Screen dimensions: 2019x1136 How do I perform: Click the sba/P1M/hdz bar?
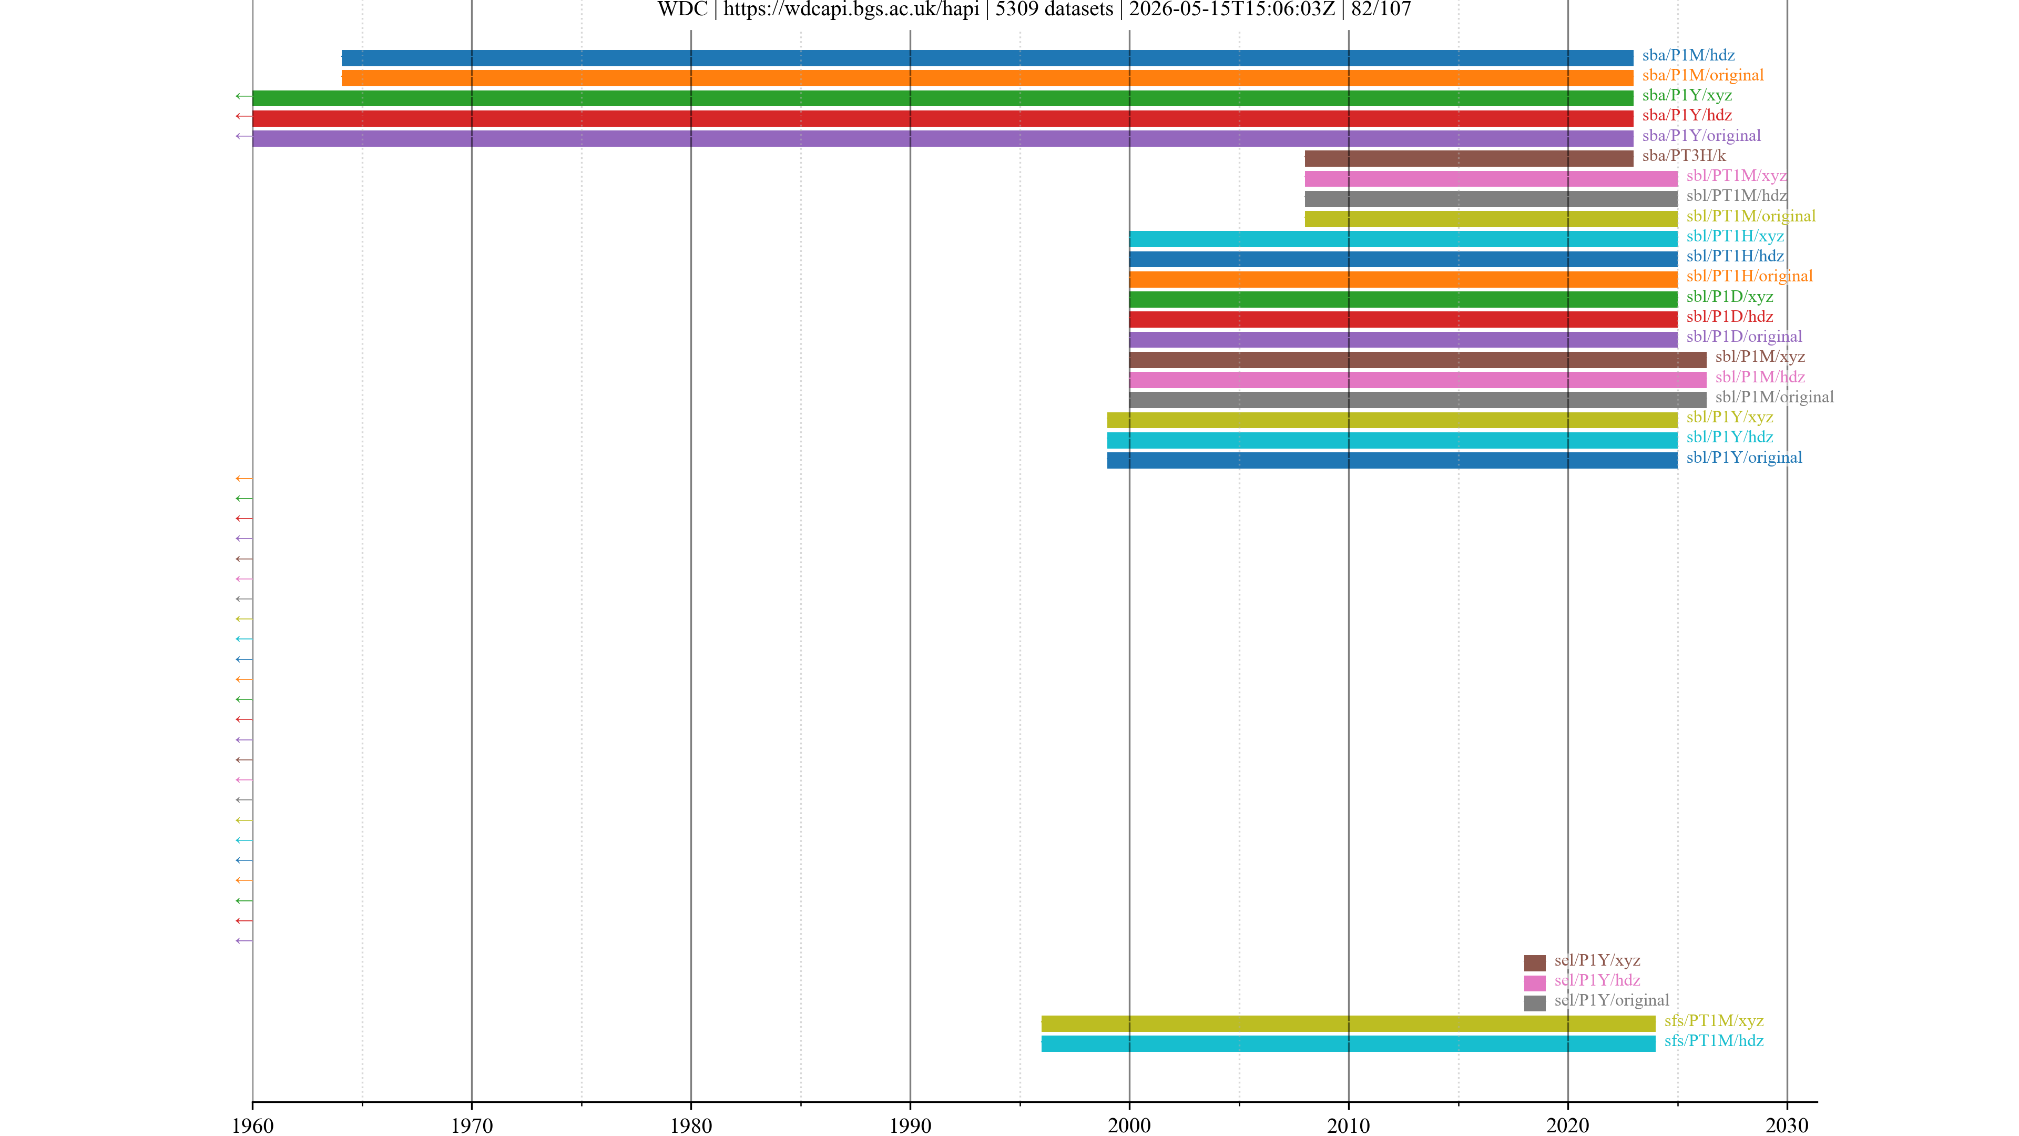click(987, 58)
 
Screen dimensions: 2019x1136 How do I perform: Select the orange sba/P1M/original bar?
click(987, 78)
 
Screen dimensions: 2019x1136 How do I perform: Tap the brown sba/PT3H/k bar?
click(1469, 158)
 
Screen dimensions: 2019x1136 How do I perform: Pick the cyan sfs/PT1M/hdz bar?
click(1348, 1043)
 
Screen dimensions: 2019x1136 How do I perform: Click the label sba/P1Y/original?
click(1701, 136)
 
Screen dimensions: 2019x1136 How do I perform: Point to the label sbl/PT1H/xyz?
click(1735, 236)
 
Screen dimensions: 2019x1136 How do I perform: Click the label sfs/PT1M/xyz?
click(1714, 1021)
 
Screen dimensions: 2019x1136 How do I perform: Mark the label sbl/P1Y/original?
click(1745, 457)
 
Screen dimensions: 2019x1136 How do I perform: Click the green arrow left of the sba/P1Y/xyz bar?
click(244, 96)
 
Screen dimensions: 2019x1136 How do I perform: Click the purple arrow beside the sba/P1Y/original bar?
click(244, 136)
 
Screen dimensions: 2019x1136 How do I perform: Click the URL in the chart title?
click(851, 9)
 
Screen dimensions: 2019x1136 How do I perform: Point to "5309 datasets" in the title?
click(1054, 9)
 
